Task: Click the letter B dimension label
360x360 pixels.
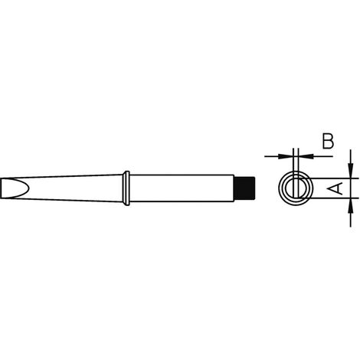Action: (x=327, y=141)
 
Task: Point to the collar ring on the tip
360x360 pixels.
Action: (x=126, y=188)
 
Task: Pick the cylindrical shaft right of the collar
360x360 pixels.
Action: (x=180, y=188)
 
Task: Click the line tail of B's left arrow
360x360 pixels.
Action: (x=272, y=156)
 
